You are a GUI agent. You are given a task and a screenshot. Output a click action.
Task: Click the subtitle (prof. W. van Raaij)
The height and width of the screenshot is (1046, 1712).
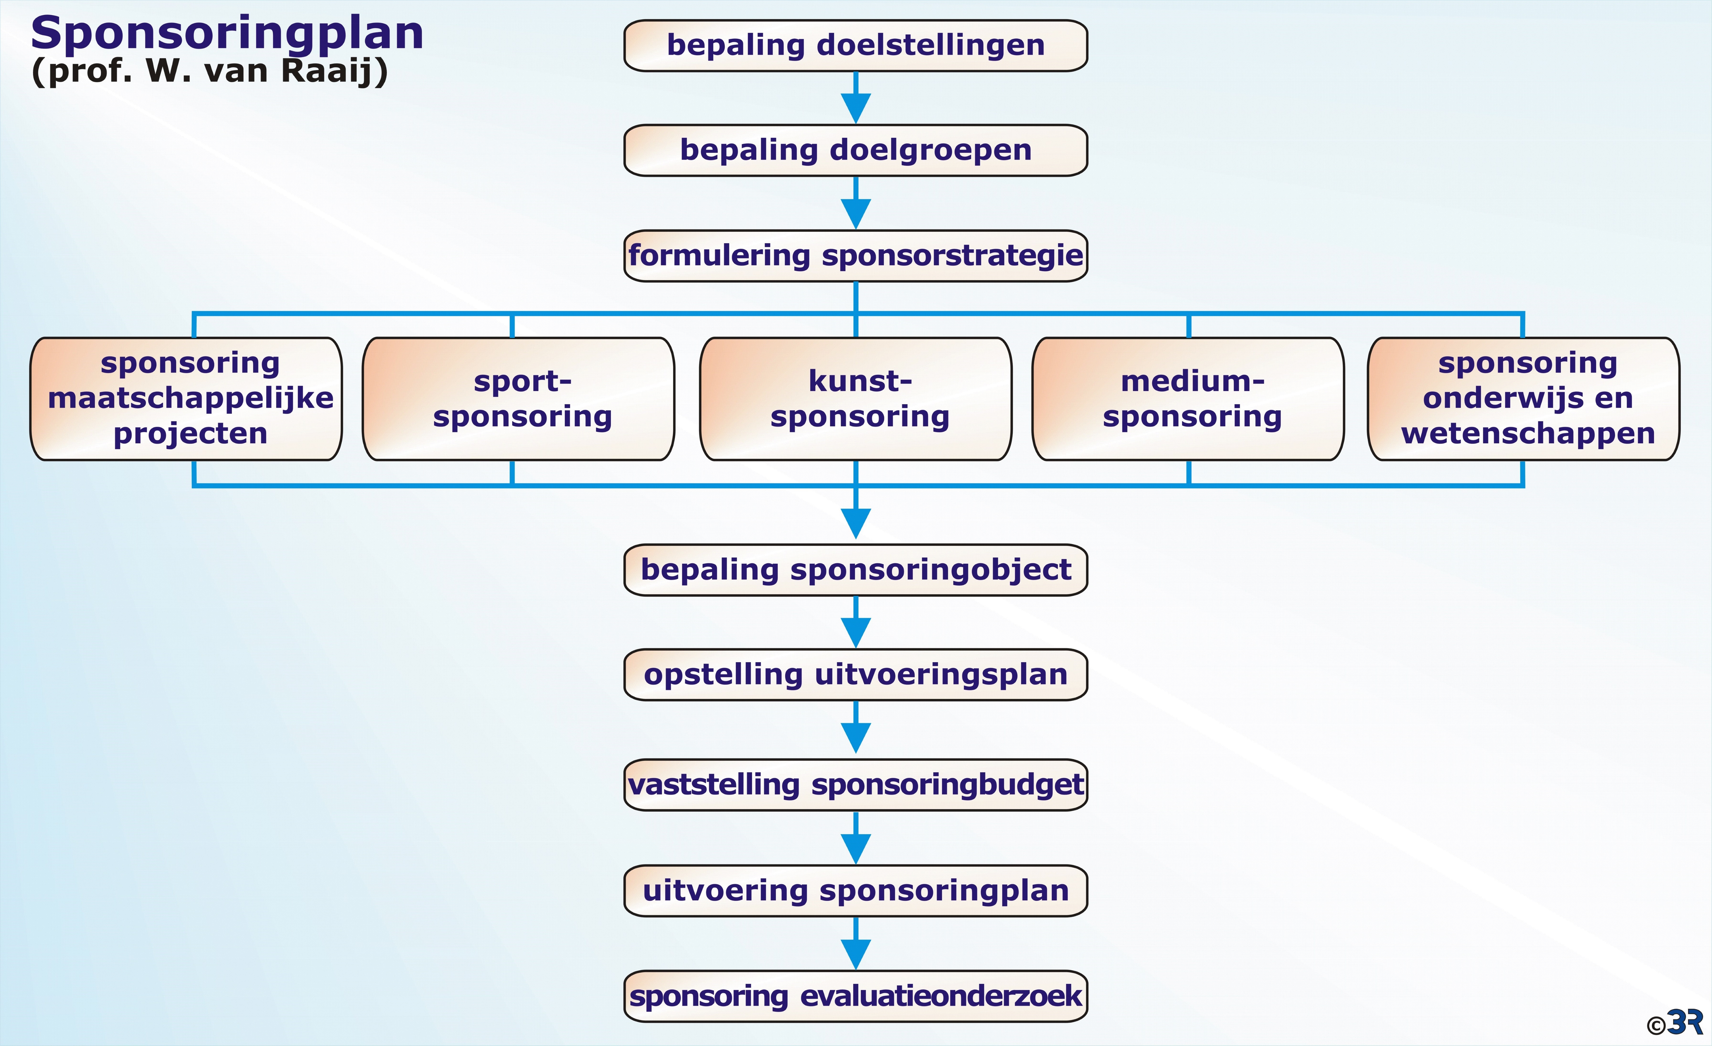click(x=209, y=71)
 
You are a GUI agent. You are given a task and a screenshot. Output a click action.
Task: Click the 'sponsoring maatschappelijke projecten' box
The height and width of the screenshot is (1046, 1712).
click(x=186, y=399)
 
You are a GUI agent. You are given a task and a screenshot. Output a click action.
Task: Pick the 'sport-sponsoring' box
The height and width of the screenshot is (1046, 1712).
click(x=518, y=399)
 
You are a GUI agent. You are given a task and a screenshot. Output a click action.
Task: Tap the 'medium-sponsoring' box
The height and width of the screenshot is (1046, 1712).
click(x=1188, y=399)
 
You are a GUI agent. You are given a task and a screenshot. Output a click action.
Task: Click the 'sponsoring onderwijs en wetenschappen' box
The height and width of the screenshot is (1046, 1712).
click(x=1524, y=399)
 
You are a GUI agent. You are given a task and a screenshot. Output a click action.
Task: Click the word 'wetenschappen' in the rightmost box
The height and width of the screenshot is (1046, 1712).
click(x=1528, y=434)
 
